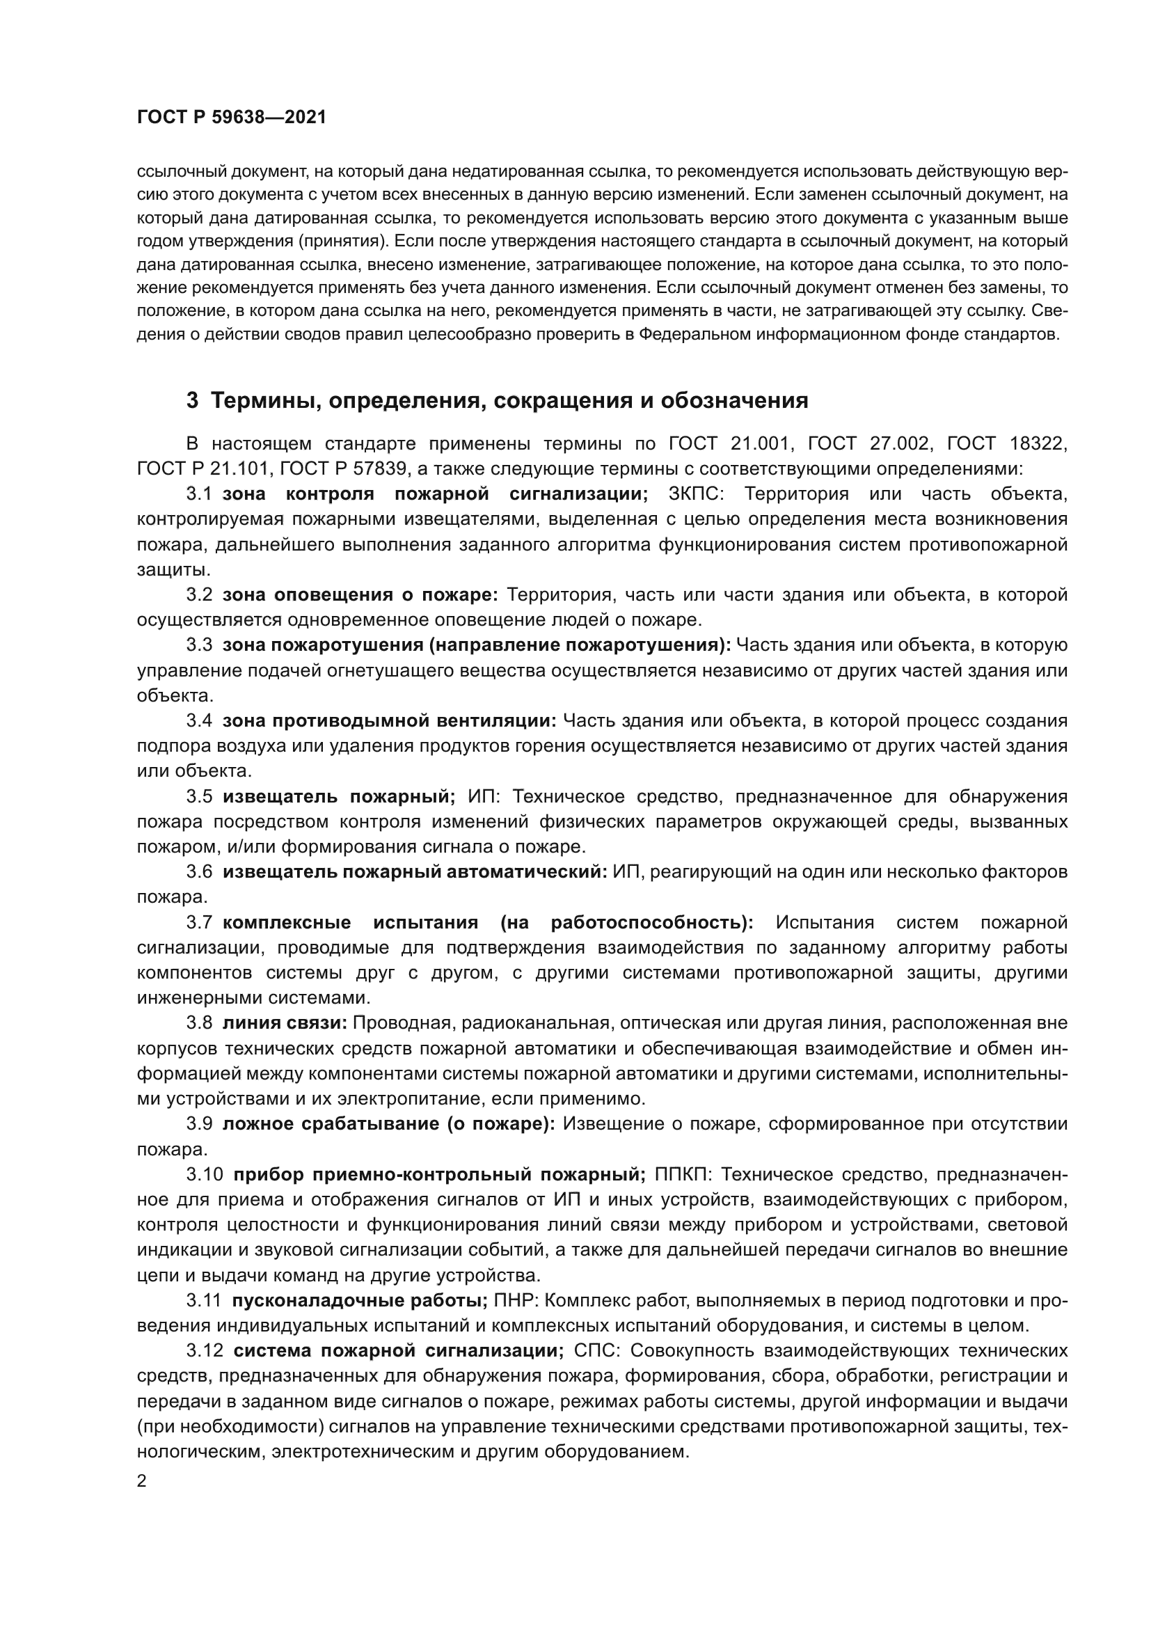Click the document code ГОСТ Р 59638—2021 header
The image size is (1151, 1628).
(x=232, y=118)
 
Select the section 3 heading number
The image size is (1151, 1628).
(x=192, y=401)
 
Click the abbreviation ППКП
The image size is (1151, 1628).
(x=680, y=1175)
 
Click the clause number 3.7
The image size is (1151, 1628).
(x=199, y=922)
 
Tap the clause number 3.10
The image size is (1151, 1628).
(x=205, y=1175)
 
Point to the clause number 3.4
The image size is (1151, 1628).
(x=199, y=721)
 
